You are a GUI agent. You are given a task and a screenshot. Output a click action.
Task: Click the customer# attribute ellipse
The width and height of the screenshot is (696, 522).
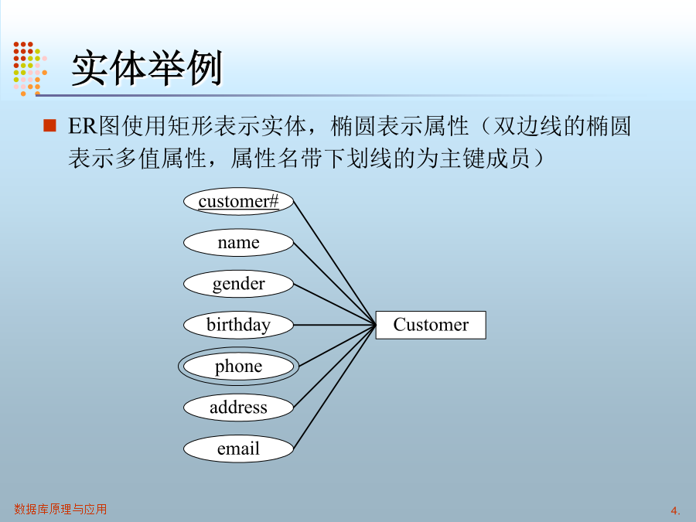click(238, 202)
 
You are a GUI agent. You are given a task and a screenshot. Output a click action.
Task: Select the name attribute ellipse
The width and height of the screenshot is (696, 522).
click(238, 243)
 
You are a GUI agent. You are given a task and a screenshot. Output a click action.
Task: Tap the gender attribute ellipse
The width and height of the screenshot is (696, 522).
click(238, 284)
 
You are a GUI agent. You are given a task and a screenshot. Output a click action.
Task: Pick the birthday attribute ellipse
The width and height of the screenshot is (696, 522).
click(238, 325)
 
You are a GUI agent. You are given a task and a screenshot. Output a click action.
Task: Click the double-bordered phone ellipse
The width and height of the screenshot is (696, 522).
click(238, 367)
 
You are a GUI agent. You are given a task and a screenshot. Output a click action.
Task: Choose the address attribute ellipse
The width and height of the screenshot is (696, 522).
click(238, 408)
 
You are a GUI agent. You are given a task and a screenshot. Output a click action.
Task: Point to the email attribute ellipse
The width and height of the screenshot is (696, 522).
click(238, 449)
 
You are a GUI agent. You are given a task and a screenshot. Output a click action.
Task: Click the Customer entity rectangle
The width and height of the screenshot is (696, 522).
click(431, 325)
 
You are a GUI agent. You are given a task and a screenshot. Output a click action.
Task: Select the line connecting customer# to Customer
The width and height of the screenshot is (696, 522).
click(335, 263)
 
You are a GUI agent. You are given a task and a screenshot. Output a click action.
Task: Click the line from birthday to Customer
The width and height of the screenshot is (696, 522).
click(335, 325)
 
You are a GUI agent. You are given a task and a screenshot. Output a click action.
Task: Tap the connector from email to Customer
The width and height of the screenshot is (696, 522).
click(335, 387)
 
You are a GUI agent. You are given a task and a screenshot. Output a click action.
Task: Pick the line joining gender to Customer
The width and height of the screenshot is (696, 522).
click(335, 305)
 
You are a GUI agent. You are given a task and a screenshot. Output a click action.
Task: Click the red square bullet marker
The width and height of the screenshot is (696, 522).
click(49, 125)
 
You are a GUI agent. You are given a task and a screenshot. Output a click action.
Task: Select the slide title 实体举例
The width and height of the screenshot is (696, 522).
click(146, 68)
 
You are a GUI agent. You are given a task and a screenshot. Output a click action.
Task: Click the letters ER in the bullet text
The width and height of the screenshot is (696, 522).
click(83, 126)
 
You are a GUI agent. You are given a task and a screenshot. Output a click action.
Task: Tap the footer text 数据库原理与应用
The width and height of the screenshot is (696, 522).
click(60, 509)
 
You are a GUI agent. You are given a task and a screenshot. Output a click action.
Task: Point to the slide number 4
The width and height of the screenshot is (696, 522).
click(675, 510)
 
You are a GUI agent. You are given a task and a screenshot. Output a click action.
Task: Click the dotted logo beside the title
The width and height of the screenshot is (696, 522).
click(30, 69)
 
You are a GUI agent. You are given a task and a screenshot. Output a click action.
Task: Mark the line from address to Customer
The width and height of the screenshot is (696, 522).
click(335, 367)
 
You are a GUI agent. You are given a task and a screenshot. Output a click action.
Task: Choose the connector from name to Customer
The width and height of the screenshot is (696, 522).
click(335, 284)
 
